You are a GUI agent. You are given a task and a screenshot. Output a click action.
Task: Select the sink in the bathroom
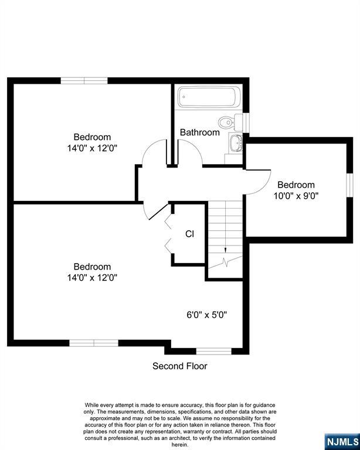click(236, 142)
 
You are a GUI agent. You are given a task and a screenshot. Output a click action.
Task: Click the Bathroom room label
click(200, 132)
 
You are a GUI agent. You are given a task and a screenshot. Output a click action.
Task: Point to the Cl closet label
click(189, 234)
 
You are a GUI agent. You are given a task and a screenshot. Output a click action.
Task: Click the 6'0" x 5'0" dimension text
click(207, 315)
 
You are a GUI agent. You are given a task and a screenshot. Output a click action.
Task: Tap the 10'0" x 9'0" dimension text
click(296, 196)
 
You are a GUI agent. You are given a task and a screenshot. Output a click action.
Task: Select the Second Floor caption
click(180, 366)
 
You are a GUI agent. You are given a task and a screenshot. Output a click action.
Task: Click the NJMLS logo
click(342, 442)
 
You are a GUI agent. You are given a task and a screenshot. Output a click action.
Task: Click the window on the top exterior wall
click(84, 81)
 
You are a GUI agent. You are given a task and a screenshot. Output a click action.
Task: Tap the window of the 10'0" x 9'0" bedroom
click(349, 185)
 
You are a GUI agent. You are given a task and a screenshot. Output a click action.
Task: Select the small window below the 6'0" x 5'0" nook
click(213, 351)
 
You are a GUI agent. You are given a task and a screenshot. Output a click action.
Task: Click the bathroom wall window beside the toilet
click(246, 123)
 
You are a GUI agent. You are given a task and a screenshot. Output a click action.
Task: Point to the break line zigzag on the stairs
click(225, 262)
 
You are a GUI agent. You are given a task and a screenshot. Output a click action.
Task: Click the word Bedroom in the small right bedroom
click(296, 185)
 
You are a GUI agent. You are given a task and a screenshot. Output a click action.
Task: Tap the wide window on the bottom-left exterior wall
click(94, 343)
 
